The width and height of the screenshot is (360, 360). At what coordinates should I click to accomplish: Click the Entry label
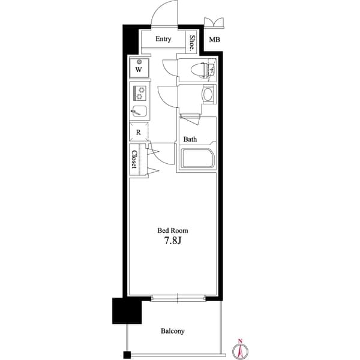coord(163,39)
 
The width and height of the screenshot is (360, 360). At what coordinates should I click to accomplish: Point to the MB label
coord(214,40)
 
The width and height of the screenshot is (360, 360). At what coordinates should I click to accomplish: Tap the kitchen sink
coord(139,111)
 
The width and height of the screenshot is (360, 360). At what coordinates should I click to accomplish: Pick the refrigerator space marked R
coord(138,132)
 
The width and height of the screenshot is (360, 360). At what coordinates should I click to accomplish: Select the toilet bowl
coord(197,70)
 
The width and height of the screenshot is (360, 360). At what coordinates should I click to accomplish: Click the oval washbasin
coord(208,95)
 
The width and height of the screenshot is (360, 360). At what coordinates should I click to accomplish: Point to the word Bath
coord(190,139)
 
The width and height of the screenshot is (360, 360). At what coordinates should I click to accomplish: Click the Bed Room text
coord(173,230)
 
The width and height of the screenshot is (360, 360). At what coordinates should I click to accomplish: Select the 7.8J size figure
coord(173,242)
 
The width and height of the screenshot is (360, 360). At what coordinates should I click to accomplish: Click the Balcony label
coord(172,331)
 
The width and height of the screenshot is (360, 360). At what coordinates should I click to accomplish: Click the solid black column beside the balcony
coord(124,310)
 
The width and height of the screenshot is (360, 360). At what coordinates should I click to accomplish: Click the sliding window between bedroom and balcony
coord(178,297)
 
